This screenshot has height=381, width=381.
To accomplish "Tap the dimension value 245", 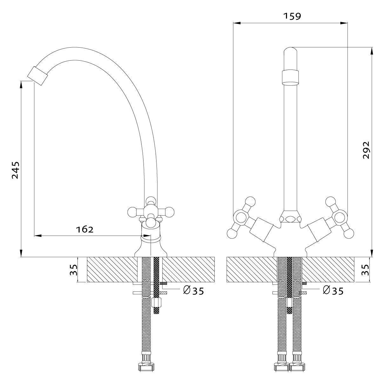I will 15,170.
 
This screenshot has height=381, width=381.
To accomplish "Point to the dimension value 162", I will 85,229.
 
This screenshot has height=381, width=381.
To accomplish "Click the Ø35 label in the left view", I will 193,290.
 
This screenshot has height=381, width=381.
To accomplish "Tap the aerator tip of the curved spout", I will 37,76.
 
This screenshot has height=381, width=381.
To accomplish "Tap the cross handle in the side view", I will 151,211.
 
